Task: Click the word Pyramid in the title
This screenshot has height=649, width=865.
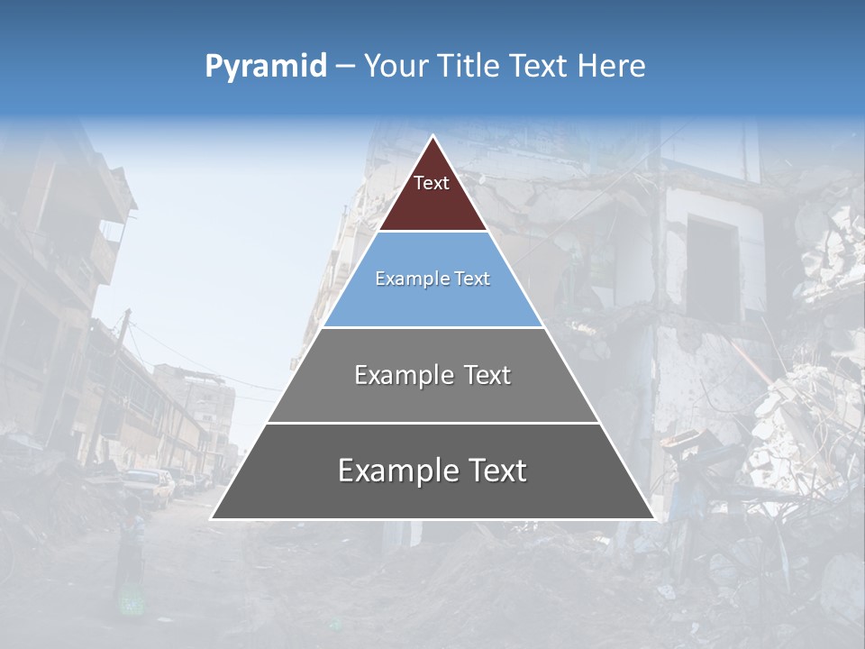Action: (x=265, y=66)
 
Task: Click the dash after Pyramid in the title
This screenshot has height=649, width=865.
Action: (x=345, y=67)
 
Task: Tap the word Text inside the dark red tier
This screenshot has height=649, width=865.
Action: (x=432, y=183)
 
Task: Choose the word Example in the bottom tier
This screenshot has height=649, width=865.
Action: (x=396, y=471)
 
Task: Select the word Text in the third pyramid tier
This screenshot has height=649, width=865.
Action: (x=487, y=375)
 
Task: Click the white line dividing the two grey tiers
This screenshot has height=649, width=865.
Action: (x=432, y=423)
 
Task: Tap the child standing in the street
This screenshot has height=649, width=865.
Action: (x=132, y=559)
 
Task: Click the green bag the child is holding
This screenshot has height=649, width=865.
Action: (x=132, y=600)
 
